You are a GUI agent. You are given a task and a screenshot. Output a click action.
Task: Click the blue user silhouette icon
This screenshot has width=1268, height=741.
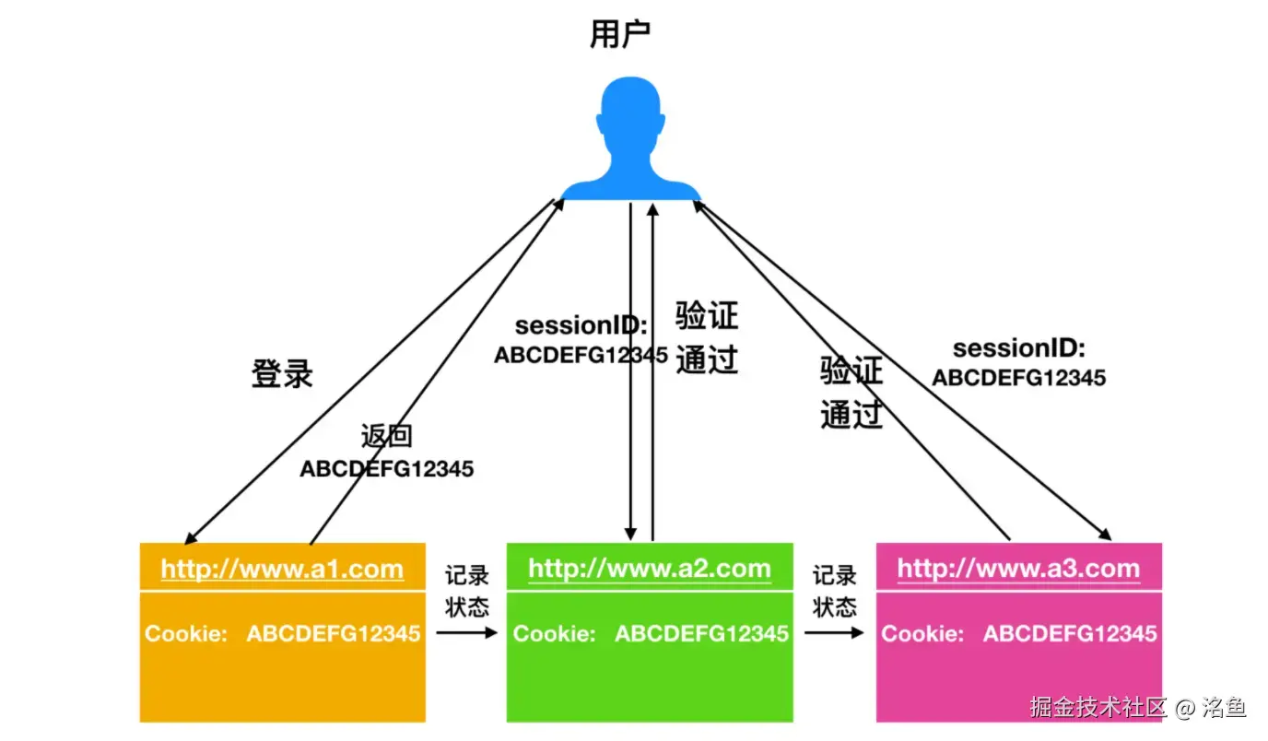point(631,138)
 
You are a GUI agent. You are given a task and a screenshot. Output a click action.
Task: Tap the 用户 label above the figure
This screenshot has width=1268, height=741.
point(619,34)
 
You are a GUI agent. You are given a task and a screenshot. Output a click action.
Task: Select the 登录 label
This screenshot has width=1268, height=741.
point(282,373)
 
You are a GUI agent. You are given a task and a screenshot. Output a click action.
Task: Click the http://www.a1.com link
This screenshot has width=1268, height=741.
point(282,569)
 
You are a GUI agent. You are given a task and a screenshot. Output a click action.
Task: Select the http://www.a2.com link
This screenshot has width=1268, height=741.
point(650,569)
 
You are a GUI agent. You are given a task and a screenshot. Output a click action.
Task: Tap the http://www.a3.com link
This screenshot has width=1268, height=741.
point(1018,569)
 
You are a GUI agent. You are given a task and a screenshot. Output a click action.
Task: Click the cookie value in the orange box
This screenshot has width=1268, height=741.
point(334,633)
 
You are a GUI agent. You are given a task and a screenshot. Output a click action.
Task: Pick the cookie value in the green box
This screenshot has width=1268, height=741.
point(701,633)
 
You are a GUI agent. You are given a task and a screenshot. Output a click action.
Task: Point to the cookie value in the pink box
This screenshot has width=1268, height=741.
point(1070,633)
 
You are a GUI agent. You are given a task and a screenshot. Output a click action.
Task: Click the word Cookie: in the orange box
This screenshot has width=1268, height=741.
point(185,633)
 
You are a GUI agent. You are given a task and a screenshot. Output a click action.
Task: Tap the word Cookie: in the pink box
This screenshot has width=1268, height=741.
point(922,633)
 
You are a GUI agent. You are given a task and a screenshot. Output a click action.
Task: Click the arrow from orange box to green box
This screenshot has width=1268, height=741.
point(466,633)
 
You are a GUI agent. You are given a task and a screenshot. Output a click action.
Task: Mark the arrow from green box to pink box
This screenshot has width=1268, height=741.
point(834,633)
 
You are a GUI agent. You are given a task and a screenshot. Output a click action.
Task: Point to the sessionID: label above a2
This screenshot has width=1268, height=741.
point(581,325)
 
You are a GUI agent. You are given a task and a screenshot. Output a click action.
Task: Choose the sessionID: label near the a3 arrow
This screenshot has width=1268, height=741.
point(1019,348)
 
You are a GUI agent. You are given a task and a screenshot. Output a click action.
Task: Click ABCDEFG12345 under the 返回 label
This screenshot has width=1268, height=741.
point(386,469)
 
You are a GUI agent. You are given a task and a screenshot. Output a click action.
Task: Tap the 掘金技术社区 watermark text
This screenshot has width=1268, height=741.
point(1098,708)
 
